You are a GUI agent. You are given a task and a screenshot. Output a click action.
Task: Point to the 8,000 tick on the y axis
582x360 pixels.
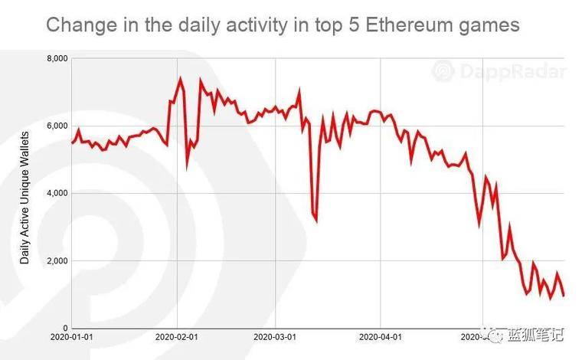[57, 59]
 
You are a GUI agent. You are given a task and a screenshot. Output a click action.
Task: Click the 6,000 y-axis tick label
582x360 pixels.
[57, 126]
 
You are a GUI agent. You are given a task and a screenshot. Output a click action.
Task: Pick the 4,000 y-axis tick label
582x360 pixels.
[57, 193]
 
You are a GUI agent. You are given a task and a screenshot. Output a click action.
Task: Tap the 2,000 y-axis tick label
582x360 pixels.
[57, 260]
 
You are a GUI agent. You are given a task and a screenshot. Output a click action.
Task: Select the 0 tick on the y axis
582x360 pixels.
[67, 327]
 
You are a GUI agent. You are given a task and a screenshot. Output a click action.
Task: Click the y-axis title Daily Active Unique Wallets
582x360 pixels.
[25, 198]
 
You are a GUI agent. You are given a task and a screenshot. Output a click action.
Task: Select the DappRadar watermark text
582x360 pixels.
[513, 72]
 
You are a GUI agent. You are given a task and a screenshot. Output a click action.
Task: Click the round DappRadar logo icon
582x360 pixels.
[444, 72]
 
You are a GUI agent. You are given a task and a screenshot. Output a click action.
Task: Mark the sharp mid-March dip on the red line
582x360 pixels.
[316, 221]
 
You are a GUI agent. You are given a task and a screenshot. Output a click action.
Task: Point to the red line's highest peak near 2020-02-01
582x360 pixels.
[181, 78]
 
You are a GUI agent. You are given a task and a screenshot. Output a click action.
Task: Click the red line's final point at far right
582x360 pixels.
[564, 295]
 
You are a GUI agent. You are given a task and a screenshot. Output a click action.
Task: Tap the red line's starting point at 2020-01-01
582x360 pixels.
[72, 142]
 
